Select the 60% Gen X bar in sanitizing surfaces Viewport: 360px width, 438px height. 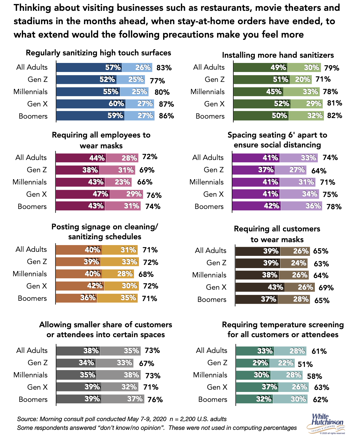click(91, 104)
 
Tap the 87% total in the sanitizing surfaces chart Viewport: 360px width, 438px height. click(166, 104)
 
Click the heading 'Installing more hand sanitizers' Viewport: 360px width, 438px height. click(278, 55)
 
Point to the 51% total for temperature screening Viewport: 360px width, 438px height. click(305, 364)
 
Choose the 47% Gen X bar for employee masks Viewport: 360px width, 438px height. click(83, 194)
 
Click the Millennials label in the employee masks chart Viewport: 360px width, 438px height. click(30, 182)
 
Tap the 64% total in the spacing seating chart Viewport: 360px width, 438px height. click(319, 171)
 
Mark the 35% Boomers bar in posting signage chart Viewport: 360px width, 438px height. click(117, 298)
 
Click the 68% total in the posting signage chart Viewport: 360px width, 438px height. click(146, 274)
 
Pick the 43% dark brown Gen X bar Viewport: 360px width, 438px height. click(260, 287)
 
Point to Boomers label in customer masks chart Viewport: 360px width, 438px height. click(212, 300)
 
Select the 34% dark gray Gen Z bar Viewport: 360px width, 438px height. click(76, 363)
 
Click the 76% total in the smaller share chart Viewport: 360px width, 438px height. click(155, 400)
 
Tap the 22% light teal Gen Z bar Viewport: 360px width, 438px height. click(282, 363)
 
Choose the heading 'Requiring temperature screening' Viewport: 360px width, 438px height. click(283, 325)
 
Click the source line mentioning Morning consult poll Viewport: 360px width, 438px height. click(122, 419)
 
